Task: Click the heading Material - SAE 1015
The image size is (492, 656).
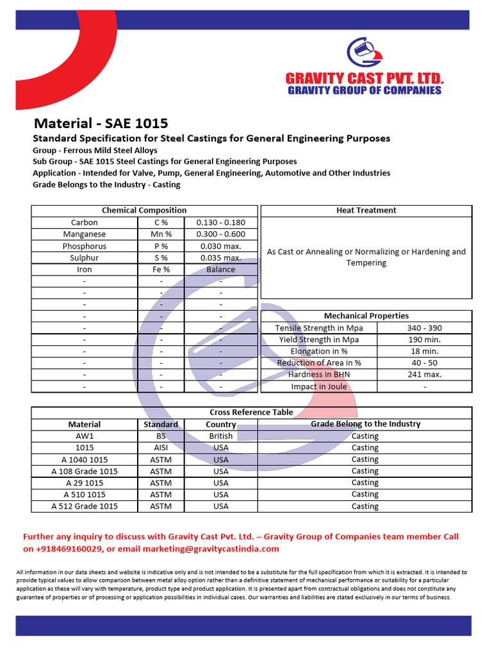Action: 101,123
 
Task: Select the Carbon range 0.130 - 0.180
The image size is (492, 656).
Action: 220,222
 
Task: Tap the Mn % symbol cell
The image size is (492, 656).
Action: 161,234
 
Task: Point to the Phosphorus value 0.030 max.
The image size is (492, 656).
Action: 220,246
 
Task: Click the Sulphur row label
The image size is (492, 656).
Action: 85,258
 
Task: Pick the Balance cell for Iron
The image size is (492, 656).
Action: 220,270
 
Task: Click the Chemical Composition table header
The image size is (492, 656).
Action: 144,210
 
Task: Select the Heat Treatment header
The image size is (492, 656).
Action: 366,210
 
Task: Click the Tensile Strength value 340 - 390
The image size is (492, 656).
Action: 424,328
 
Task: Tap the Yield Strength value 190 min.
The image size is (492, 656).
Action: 424,340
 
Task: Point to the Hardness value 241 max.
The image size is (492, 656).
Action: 424,375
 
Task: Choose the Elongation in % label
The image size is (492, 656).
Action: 319,351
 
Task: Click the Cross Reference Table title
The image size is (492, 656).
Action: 251,413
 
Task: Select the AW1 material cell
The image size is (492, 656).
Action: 85,436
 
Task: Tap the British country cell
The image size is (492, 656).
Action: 221,436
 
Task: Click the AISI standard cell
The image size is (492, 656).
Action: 161,448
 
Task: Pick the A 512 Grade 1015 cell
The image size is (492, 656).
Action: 85,506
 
